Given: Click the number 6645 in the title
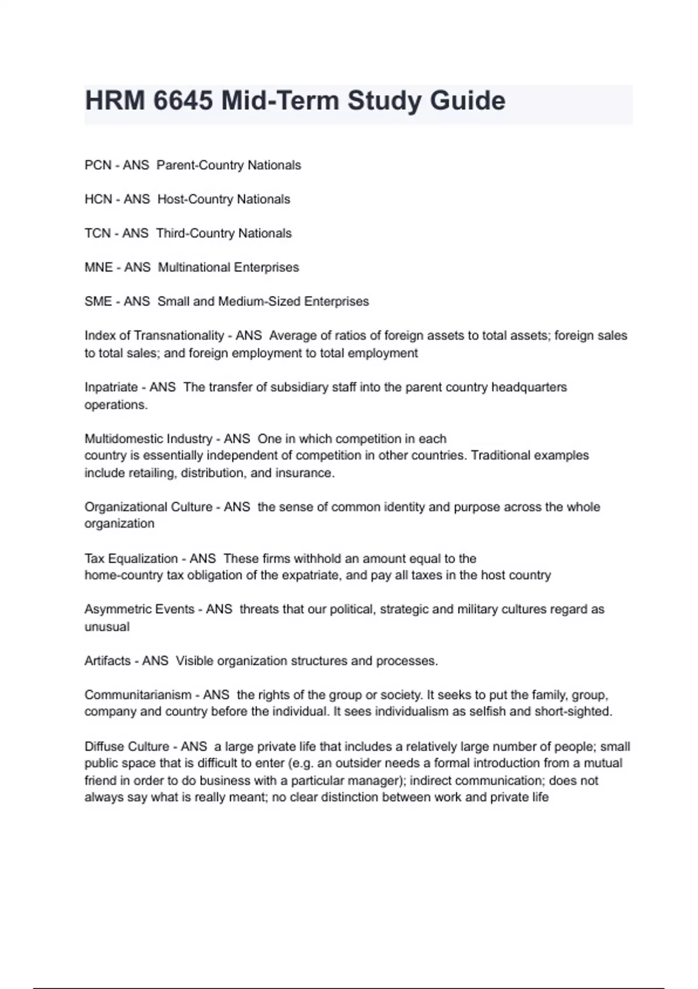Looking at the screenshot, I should (x=183, y=101).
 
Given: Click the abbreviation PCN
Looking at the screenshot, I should (x=98, y=165).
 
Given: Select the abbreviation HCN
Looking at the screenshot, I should (x=98, y=200).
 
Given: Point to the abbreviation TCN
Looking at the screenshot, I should (x=97, y=233).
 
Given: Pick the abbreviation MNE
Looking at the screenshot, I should (x=98, y=268).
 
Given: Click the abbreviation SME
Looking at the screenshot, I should (x=98, y=301).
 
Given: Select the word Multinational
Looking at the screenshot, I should (x=194, y=268).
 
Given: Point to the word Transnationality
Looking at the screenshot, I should (x=179, y=336).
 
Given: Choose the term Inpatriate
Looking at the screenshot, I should (x=111, y=387).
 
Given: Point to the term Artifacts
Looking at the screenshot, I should (x=108, y=661).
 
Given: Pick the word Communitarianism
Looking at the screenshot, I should (x=138, y=695).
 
